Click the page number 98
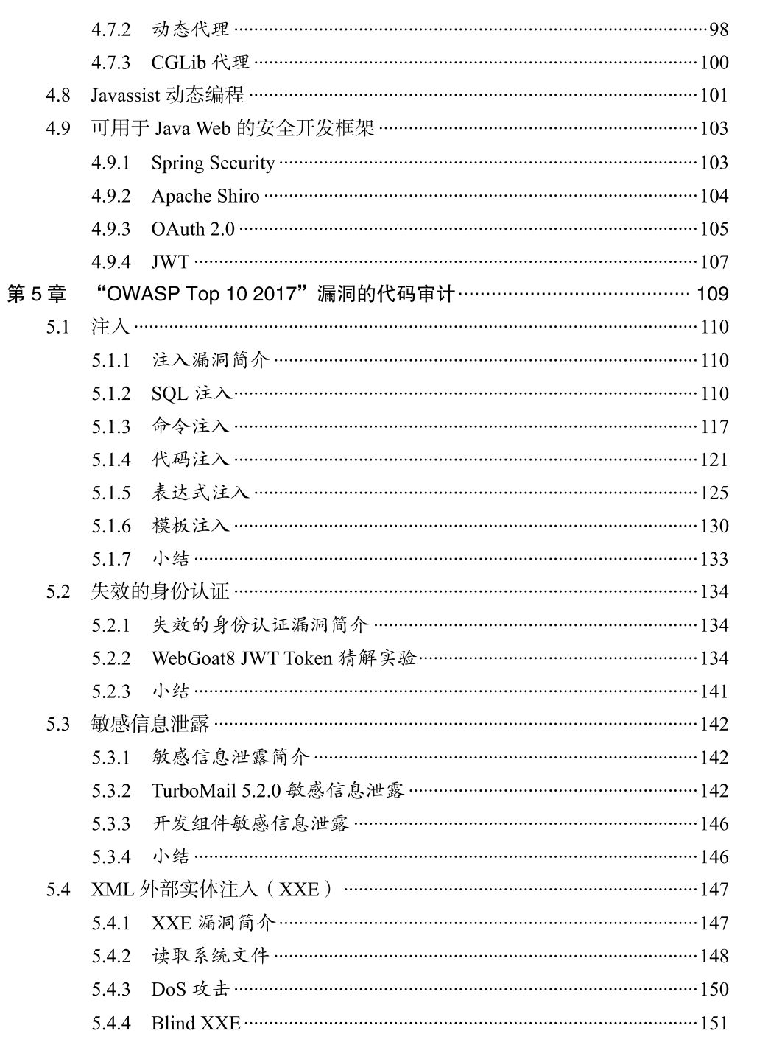[x=718, y=29]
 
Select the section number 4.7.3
[x=110, y=63]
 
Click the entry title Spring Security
[x=213, y=163]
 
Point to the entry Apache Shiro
[x=205, y=196]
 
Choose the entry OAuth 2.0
[x=193, y=229]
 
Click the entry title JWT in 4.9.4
[x=170, y=262]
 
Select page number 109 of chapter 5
[x=712, y=295]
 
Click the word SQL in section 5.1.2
[x=169, y=394]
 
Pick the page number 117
[x=714, y=427]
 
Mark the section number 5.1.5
[x=110, y=493]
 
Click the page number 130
[x=714, y=527]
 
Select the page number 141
[x=714, y=691]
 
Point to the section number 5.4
[x=58, y=890]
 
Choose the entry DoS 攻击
[x=190, y=990]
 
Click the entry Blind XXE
[x=196, y=1023]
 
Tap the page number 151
[x=714, y=1023]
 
